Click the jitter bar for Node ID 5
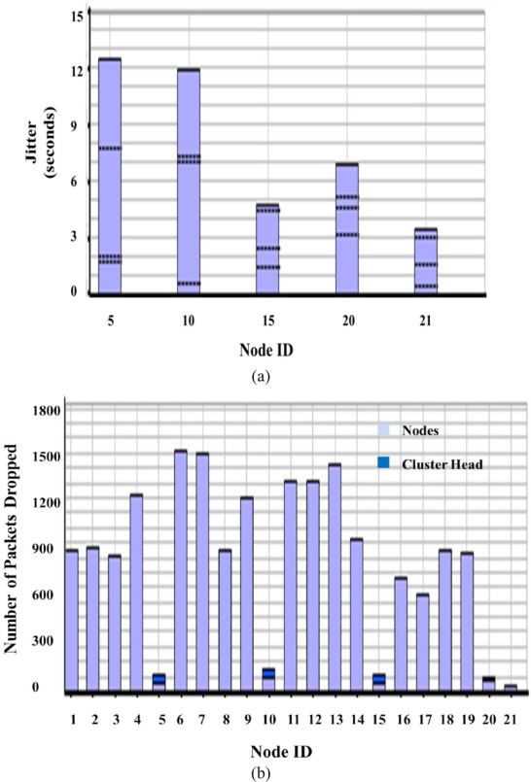pyautogui.click(x=110, y=175)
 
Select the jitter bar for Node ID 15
pyautogui.click(x=267, y=248)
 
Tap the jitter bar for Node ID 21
pyautogui.click(x=425, y=260)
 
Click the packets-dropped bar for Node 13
pyautogui.click(x=335, y=577)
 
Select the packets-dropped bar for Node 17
pyautogui.click(x=423, y=642)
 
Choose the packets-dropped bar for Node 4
pyautogui.click(x=136, y=593)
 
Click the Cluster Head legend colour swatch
pyautogui.click(x=384, y=462)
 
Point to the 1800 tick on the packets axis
pyautogui.click(x=48, y=411)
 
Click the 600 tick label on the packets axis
pyautogui.click(x=48, y=595)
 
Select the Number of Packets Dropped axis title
pyautogui.click(x=17, y=550)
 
